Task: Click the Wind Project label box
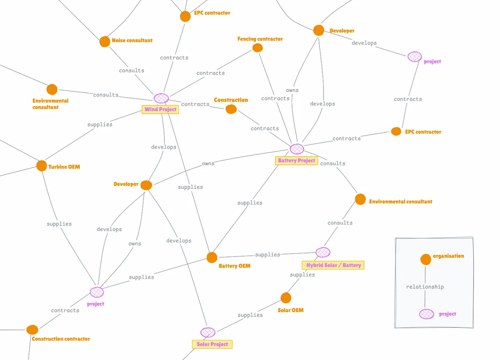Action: [x=160, y=109]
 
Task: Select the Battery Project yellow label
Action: [x=296, y=161]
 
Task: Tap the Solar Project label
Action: [x=212, y=344]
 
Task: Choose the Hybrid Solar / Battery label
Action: [x=333, y=265]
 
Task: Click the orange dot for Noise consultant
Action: [x=104, y=41]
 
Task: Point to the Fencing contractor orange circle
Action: [x=258, y=48]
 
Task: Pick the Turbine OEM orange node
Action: [x=41, y=166]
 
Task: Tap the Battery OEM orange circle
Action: [x=212, y=257]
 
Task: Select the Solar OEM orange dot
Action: [x=286, y=298]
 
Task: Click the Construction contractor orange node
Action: [x=32, y=330]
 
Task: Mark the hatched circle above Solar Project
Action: [x=208, y=332]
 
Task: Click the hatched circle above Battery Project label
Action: [x=297, y=149]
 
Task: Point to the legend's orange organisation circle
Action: [x=426, y=259]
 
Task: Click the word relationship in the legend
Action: [x=425, y=287]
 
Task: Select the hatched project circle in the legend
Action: [x=426, y=314]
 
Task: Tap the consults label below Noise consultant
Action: [x=132, y=70]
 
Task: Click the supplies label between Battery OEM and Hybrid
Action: [x=268, y=255]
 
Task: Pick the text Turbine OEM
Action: [x=64, y=167]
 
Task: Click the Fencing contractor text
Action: [x=260, y=39]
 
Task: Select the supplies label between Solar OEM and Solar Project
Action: [x=250, y=315]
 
